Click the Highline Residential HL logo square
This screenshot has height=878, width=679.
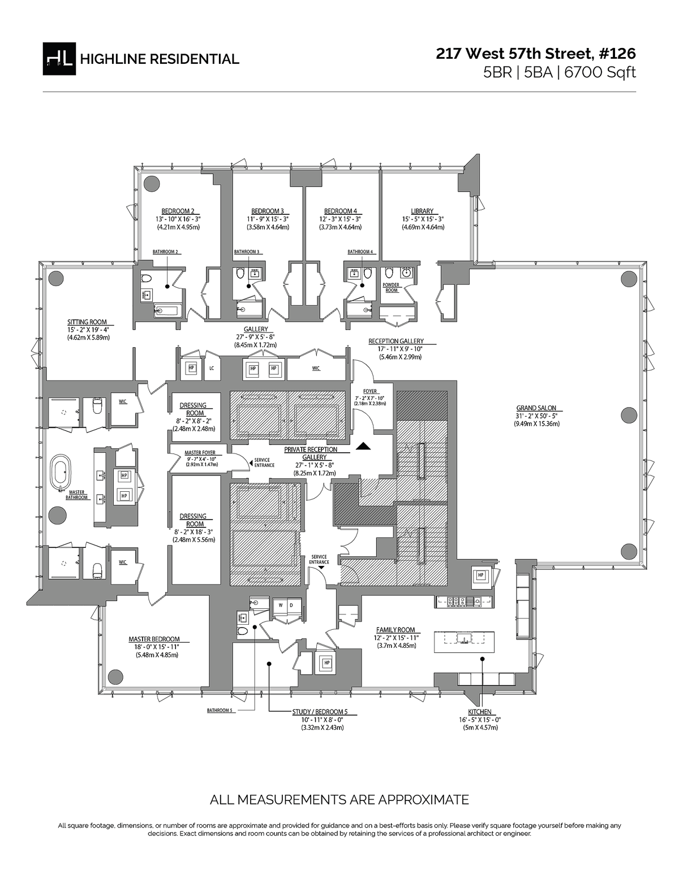(59, 58)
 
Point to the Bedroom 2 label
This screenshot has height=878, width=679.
(178, 211)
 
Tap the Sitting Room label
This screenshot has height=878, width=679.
(87, 322)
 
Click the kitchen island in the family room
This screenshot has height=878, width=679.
(463, 642)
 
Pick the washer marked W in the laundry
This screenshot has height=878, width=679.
(280, 605)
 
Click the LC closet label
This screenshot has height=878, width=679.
(212, 368)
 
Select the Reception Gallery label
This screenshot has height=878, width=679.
(396, 341)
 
